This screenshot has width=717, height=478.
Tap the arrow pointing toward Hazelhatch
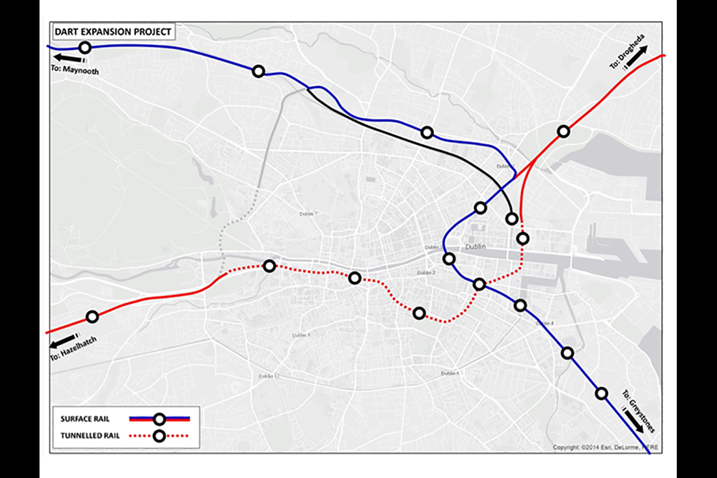(62, 341)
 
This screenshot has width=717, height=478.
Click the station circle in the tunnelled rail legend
(159, 437)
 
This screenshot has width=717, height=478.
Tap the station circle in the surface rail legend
(159, 419)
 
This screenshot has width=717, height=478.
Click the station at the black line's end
(512, 219)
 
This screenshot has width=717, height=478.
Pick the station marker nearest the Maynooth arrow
(85, 48)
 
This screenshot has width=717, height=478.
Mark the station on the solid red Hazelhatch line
(92, 317)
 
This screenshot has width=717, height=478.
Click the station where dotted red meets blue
(479, 284)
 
